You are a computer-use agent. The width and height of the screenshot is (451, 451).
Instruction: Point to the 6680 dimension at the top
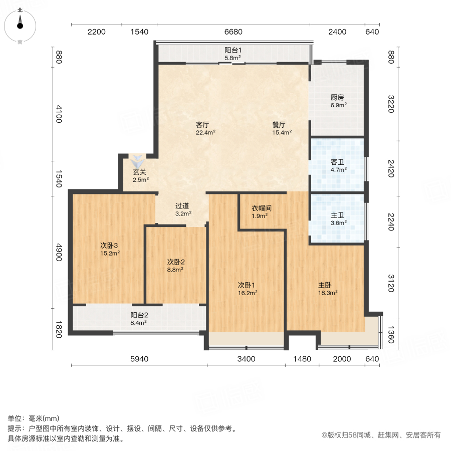233,32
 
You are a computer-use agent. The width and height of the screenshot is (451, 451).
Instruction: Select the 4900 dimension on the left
59,249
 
